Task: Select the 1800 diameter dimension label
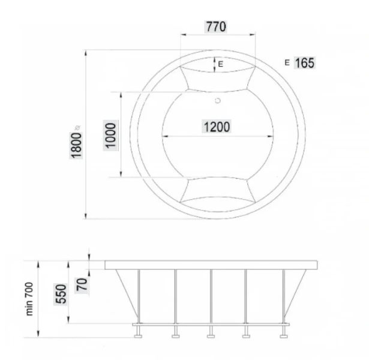click(76, 143)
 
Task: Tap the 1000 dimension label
click(110, 136)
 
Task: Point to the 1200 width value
click(215, 127)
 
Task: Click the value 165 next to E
click(304, 62)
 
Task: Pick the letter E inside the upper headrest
click(220, 63)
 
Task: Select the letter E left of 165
click(287, 62)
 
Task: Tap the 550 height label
click(61, 293)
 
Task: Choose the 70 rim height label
click(82, 283)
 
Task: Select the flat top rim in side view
click(211, 265)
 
